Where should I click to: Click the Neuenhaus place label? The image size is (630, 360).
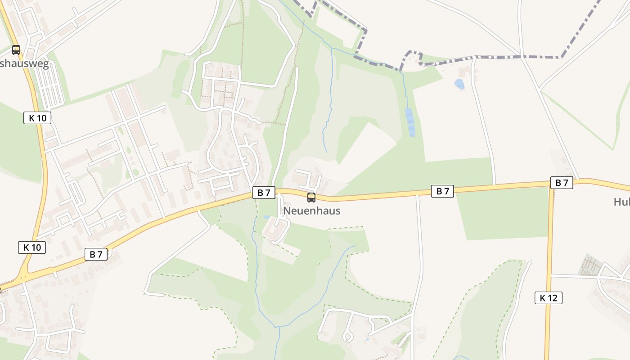(311, 211)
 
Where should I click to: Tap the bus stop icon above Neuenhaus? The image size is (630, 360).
(311, 197)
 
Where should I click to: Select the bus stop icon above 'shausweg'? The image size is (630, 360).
(16, 49)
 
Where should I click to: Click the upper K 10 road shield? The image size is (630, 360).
(37, 118)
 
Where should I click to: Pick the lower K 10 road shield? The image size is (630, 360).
(32, 247)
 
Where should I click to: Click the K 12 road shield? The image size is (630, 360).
(549, 297)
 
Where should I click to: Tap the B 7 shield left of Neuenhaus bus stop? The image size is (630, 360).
(264, 193)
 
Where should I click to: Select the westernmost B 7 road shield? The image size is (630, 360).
(96, 254)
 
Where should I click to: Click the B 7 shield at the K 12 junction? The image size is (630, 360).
(562, 183)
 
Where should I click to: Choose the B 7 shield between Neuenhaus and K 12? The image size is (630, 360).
(443, 191)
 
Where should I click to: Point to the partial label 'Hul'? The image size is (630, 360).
(621, 202)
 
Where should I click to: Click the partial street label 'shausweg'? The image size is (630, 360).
(24, 64)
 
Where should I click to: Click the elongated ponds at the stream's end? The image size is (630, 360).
(410, 122)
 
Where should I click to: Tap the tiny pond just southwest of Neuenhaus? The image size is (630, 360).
(267, 217)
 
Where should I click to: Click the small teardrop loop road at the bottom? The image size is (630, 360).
(348, 336)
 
